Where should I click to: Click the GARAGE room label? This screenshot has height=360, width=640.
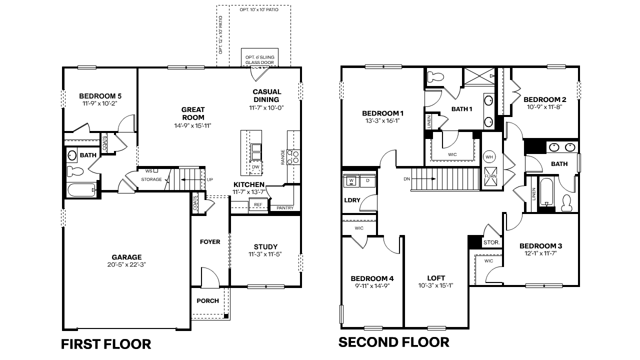click(x=126, y=257)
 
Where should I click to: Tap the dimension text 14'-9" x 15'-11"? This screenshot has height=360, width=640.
click(x=192, y=125)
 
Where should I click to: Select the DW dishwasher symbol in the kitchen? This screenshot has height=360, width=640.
click(x=255, y=167)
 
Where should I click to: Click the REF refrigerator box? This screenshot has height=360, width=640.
click(x=258, y=204)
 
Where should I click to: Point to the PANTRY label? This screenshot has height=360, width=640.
click(x=285, y=208)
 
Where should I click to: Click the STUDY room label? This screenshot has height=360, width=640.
click(x=265, y=246)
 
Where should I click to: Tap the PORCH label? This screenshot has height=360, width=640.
click(x=207, y=300)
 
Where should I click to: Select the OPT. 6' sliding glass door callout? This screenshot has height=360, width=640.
click(x=259, y=59)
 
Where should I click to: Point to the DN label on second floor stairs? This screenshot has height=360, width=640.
click(x=407, y=179)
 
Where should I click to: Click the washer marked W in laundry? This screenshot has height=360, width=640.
click(x=351, y=180)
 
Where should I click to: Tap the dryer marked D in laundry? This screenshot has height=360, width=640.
click(x=367, y=180)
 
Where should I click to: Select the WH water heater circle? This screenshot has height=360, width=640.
click(x=489, y=157)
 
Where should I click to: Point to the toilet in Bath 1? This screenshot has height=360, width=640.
click(x=436, y=76)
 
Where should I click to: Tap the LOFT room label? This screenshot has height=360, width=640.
click(x=436, y=278)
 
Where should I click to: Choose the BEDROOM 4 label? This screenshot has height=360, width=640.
click(x=372, y=278)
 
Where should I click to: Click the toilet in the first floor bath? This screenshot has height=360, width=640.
click(x=76, y=171)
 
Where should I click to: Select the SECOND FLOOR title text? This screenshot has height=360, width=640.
click(x=393, y=342)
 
